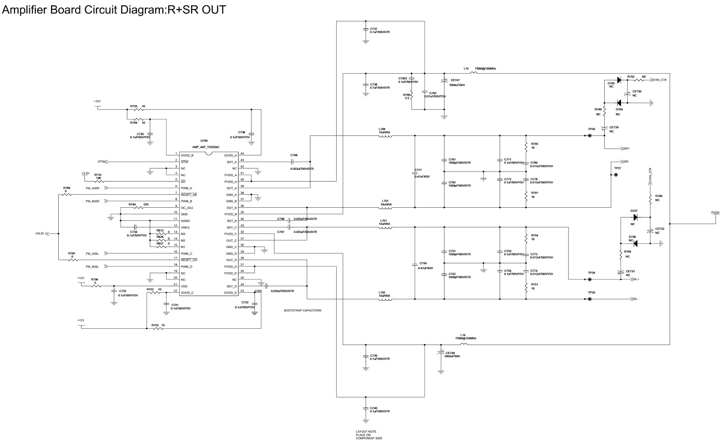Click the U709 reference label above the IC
(204, 141)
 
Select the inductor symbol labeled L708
(385, 136)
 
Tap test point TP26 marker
(589, 135)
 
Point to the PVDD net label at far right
(715, 212)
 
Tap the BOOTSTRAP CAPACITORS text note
(302, 311)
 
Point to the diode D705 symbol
(619, 80)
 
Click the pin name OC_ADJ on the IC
(187, 207)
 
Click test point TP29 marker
(589, 299)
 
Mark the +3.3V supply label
(85, 173)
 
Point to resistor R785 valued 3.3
(412, 95)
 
